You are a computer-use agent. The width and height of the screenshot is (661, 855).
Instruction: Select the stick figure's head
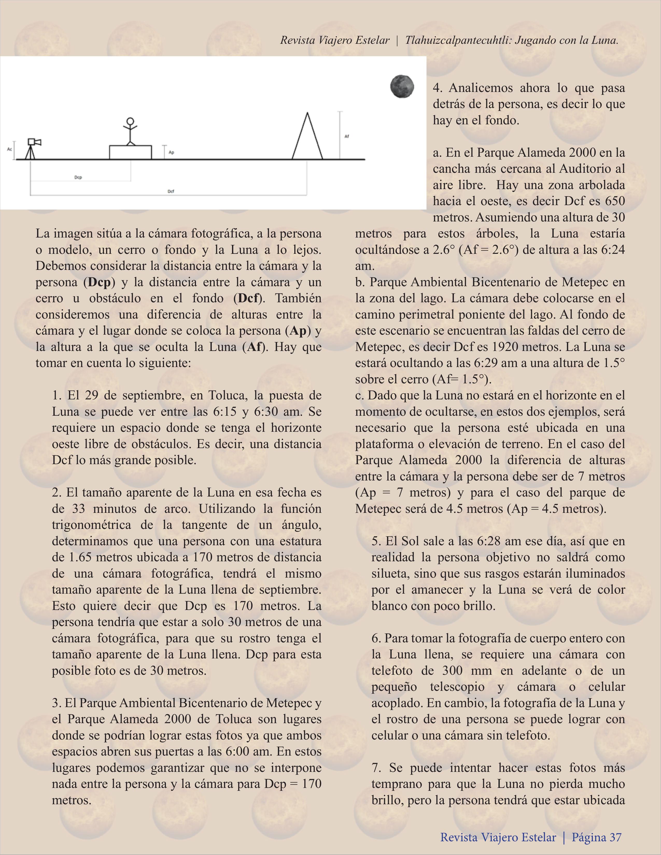click(x=130, y=121)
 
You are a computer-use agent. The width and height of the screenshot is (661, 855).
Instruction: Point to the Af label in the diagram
click(x=346, y=136)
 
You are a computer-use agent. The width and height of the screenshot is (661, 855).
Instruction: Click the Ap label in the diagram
click(x=171, y=152)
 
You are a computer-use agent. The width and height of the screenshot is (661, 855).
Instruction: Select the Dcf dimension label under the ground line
click(x=171, y=191)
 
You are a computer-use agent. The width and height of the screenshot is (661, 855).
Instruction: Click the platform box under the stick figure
click(x=130, y=152)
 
